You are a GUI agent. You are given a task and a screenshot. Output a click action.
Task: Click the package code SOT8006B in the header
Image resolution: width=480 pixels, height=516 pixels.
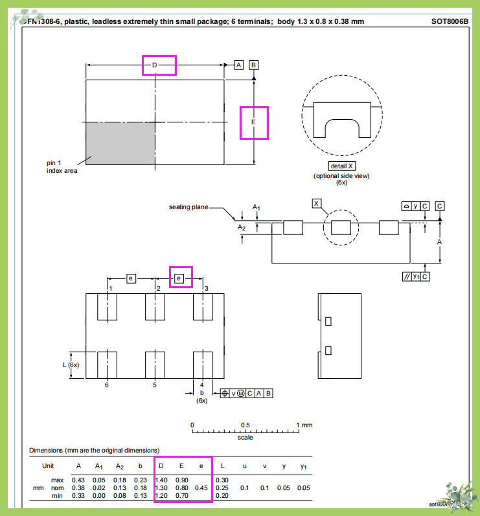pos(449,21)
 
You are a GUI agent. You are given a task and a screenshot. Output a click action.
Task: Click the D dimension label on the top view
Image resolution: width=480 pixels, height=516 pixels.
pos(155,65)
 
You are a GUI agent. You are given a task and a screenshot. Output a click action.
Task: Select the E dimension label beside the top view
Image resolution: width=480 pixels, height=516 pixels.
pos(253,122)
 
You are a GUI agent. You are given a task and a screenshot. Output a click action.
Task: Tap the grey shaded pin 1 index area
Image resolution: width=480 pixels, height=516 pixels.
pos(120,143)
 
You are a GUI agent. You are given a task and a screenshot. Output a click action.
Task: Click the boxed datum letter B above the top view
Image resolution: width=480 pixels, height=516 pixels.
pos(253,65)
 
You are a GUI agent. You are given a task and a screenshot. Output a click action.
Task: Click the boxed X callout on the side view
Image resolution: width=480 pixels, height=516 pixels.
pos(317,203)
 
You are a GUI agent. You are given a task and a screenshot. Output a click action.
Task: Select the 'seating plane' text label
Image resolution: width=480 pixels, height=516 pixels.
pos(189,207)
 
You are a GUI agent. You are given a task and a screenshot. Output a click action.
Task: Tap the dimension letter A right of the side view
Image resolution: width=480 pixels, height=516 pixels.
pos(439,241)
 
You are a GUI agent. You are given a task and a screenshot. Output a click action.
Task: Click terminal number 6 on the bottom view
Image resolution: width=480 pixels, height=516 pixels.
pos(107,385)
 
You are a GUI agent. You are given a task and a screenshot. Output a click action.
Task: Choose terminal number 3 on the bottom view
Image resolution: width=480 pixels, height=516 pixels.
pos(206,288)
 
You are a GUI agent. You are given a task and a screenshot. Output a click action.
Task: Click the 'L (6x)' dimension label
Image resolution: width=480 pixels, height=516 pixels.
pos(71,365)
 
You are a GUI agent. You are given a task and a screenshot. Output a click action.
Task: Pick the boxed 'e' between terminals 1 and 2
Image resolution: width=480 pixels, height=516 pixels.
pos(131,278)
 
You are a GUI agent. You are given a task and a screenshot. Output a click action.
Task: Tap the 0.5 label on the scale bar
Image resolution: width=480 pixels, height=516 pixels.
pos(246,425)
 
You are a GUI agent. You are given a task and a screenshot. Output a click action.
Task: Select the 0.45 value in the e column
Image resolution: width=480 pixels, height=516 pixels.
pos(201,488)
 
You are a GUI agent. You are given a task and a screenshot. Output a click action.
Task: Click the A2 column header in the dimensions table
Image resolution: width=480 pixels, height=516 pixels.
pos(119,466)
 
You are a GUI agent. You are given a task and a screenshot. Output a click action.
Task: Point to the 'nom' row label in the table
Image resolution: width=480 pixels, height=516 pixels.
pos(58,488)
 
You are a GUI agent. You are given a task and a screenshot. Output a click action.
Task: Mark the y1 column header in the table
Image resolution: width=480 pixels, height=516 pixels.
pos(304,466)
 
